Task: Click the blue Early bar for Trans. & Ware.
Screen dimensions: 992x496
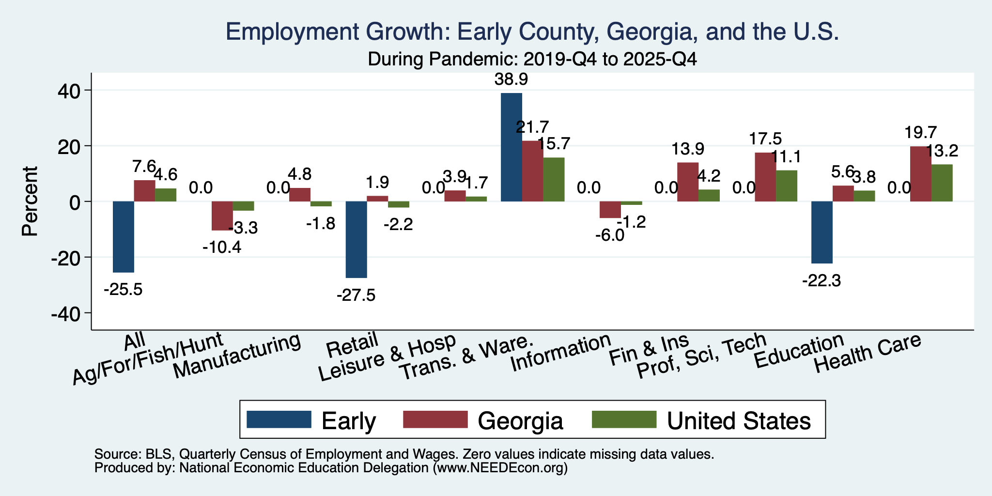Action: point(511,147)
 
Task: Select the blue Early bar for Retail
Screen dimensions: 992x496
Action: point(356,240)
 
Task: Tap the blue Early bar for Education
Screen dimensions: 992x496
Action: point(822,232)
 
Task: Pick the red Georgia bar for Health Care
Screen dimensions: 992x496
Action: point(921,174)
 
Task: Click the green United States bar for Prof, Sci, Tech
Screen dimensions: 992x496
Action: point(787,186)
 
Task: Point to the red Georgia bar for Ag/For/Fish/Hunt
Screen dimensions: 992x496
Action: point(222,216)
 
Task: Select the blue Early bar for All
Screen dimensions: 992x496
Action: point(124,237)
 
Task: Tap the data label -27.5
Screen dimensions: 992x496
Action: point(356,295)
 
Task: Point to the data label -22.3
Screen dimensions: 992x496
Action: point(821,280)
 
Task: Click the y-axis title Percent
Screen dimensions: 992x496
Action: point(30,201)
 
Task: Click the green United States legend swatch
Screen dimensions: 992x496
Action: point(624,420)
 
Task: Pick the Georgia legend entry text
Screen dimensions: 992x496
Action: point(521,421)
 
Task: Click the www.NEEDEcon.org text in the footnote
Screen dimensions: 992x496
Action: point(500,468)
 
